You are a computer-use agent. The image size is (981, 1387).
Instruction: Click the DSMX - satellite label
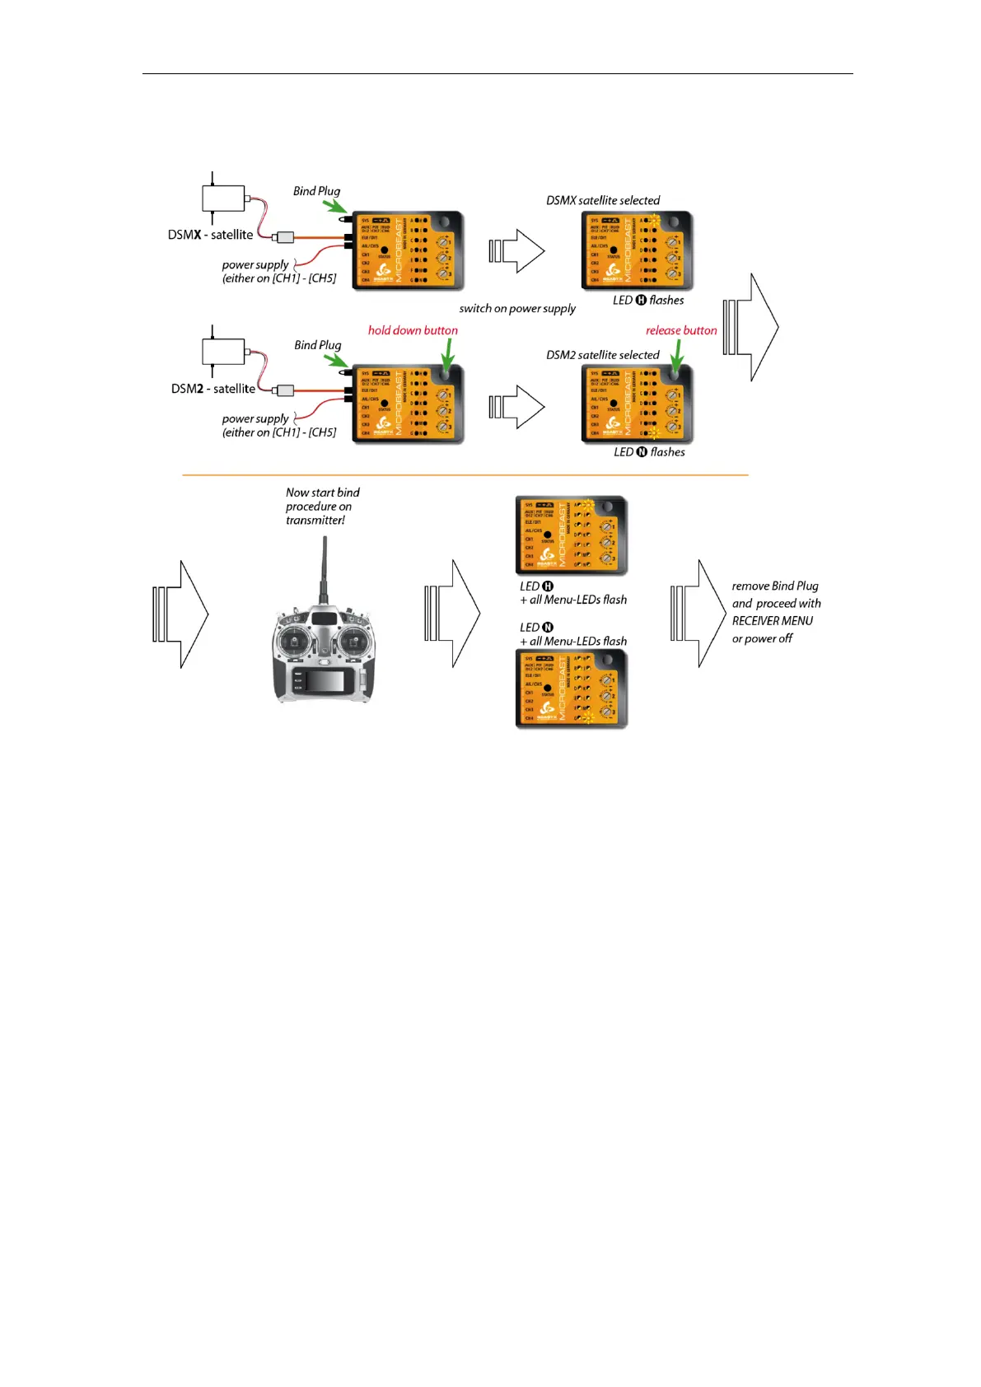click(x=210, y=235)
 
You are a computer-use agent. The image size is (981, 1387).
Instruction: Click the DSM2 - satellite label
click(x=213, y=389)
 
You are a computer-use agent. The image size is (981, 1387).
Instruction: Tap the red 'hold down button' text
click(x=413, y=330)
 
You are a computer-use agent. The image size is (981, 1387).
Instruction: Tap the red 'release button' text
click(x=681, y=330)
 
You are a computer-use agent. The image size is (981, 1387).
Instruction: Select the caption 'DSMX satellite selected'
click(x=603, y=200)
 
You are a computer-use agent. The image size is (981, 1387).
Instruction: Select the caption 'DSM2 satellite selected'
click(x=603, y=355)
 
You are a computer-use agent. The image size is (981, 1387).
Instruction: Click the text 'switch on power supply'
click(x=517, y=309)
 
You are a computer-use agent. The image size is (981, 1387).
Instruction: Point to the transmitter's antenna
click(x=324, y=568)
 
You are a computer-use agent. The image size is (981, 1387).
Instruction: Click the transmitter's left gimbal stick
click(x=293, y=639)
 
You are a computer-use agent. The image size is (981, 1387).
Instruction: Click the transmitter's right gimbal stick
click(x=355, y=639)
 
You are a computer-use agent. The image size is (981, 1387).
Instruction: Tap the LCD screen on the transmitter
click(x=324, y=680)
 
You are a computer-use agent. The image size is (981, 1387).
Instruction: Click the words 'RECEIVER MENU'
click(x=773, y=621)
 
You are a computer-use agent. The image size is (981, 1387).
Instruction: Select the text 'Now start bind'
click(x=323, y=493)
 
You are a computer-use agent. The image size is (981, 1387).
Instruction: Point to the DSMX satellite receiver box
click(x=223, y=198)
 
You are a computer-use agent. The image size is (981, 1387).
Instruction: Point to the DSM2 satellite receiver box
click(x=223, y=352)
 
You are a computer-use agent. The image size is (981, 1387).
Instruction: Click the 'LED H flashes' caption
click(x=648, y=301)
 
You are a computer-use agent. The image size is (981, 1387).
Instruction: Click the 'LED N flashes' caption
click(x=649, y=452)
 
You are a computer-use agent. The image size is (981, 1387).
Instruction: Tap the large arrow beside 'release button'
click(x=751, y=327)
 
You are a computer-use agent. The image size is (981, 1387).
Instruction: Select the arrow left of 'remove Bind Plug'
click(x=698, y=614)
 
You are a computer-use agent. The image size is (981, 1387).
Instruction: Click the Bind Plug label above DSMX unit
click(x=316, y=191)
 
